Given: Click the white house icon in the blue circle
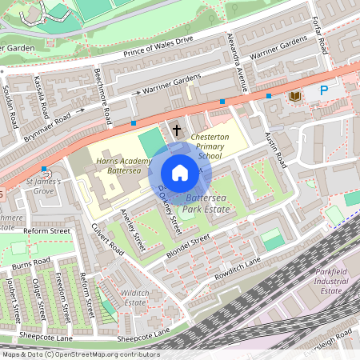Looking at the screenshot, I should click(180, 172).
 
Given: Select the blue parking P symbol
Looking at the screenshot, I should click(324, 91).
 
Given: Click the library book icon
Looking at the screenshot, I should click(294, 97).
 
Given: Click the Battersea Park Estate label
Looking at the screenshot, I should click(206, 202).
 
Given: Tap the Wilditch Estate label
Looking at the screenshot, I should click(134, 298).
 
